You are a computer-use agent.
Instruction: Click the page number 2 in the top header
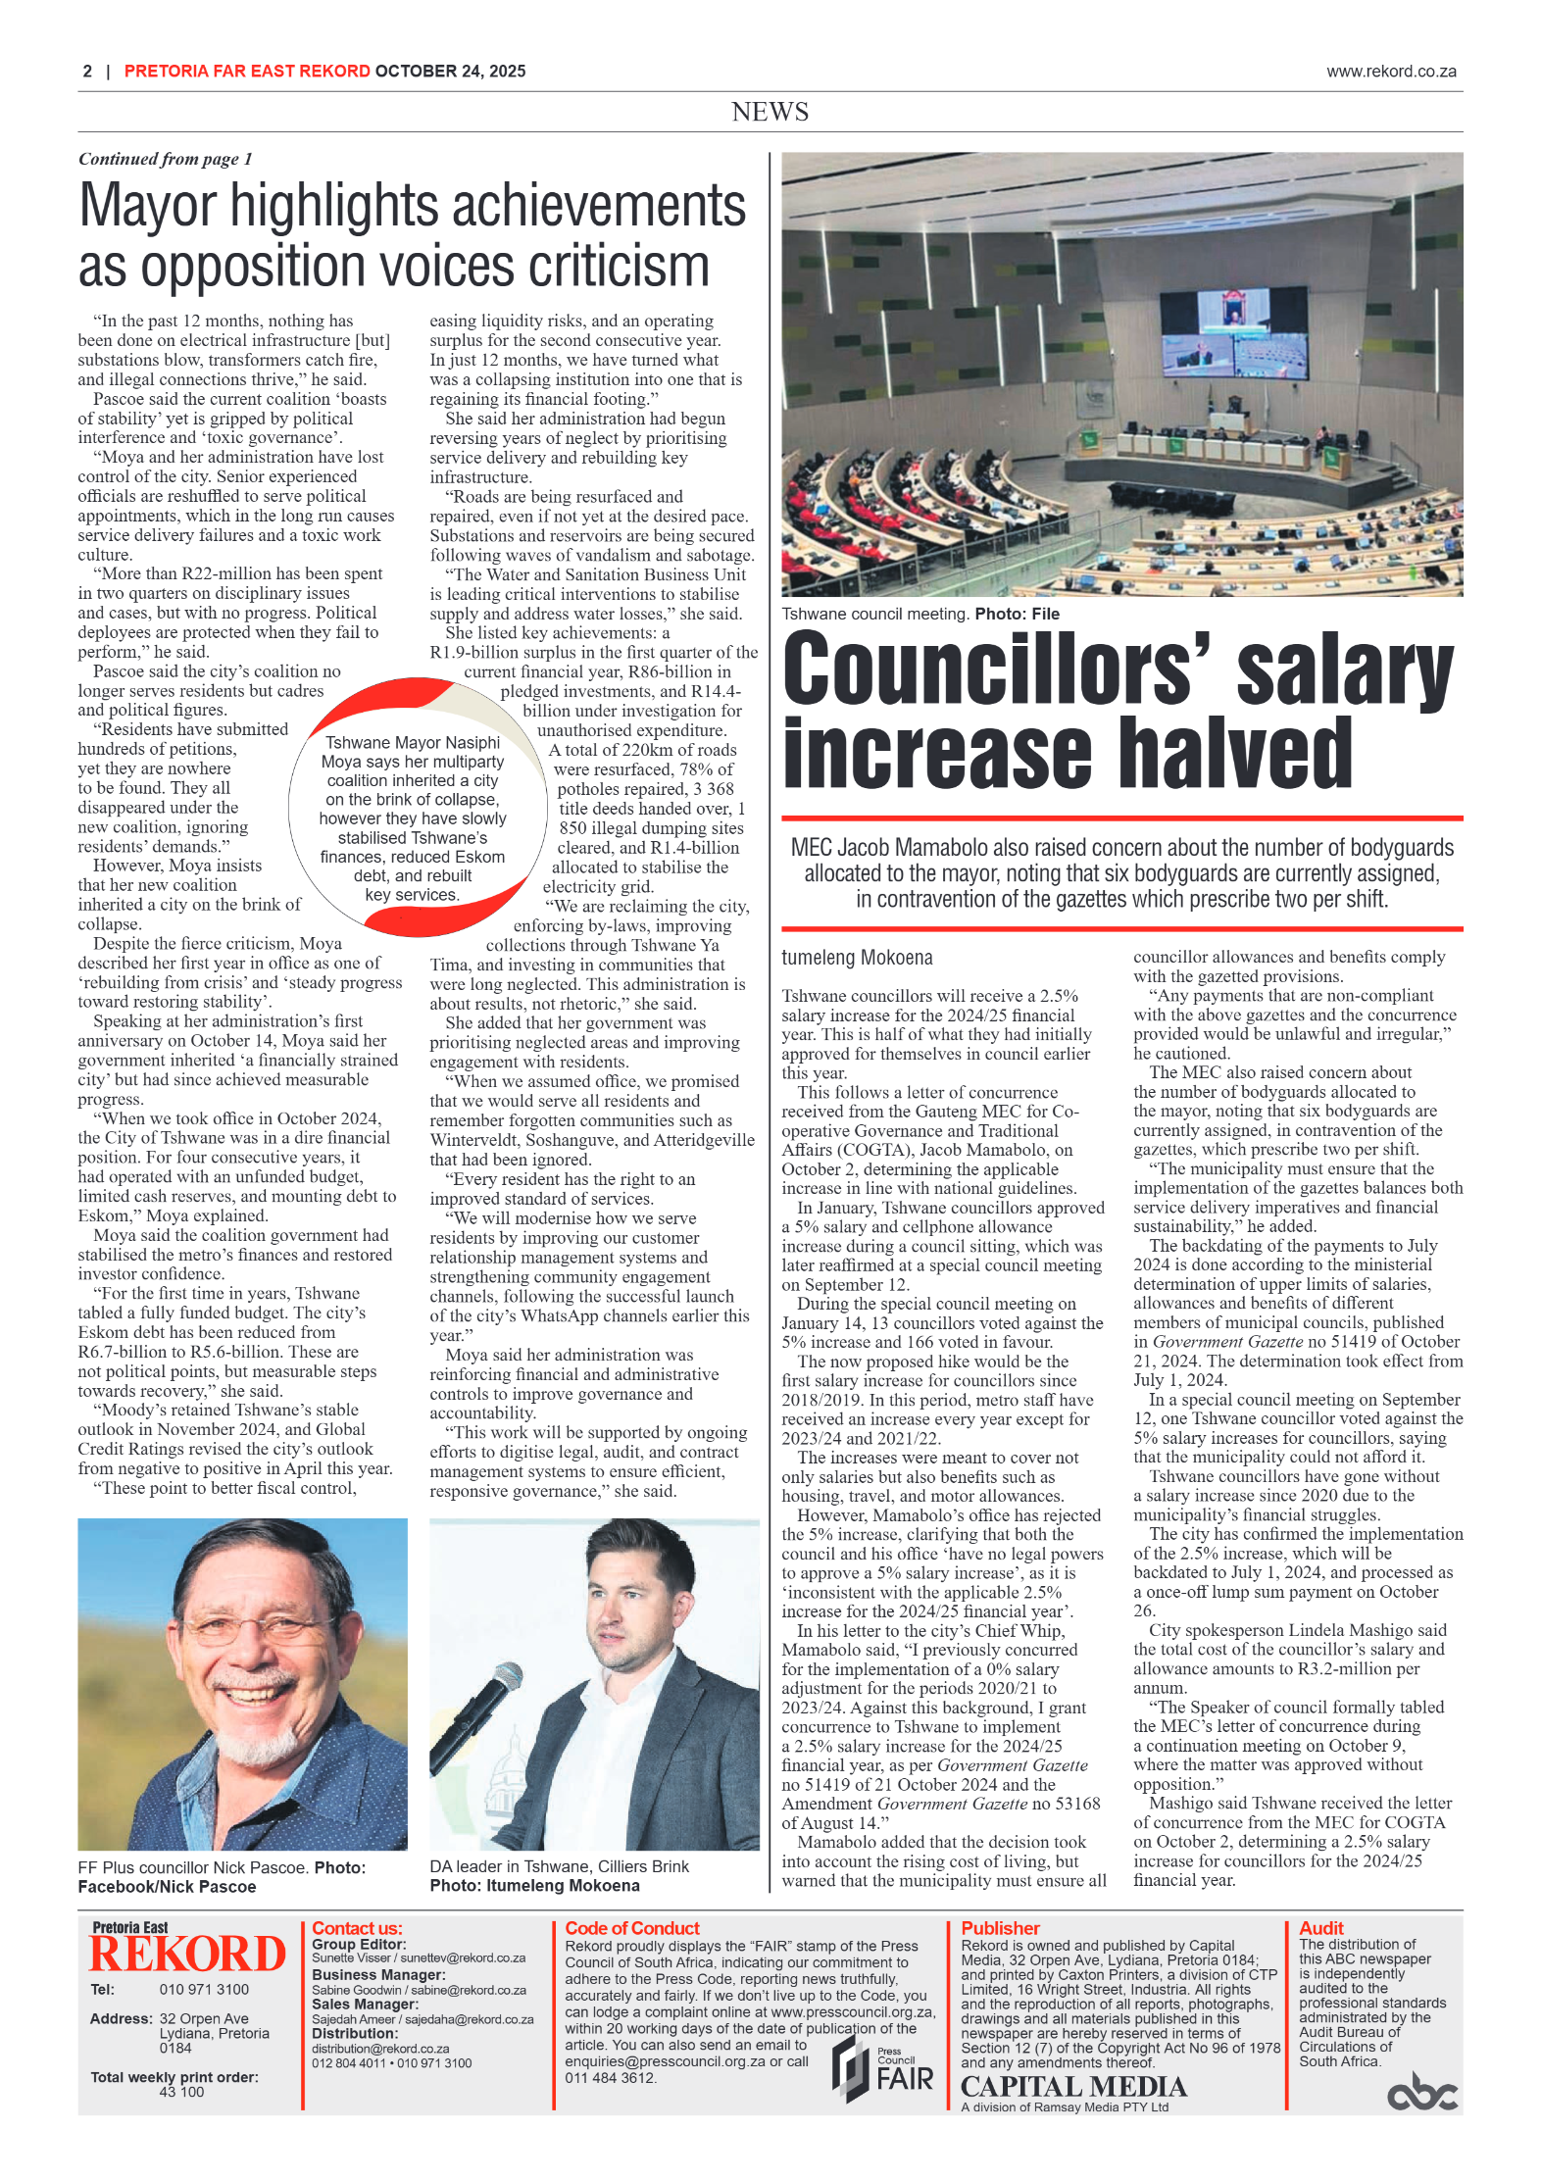point(87,72)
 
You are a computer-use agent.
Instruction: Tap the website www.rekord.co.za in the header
point(1390,72)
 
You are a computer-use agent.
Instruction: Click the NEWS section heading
point(770,112)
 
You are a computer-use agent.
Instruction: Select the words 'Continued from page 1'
point(166,159)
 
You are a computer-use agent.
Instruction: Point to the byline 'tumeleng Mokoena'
point(857,958)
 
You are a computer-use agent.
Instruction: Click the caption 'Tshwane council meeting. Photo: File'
point(920,615)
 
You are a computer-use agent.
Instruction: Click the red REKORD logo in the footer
point(187,1955)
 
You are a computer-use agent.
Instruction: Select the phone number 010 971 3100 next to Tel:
point(204,1989)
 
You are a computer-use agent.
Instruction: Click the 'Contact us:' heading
point(357,1928)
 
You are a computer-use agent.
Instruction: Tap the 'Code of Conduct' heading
point(632,1928)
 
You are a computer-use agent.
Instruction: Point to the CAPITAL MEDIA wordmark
point(1072,2087)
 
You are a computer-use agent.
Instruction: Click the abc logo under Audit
point(1421,2095)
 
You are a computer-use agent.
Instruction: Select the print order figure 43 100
point(181,2092)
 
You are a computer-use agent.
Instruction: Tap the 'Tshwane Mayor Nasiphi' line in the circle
point(412,743)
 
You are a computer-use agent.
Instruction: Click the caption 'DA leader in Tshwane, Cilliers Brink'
point(559,1866)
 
